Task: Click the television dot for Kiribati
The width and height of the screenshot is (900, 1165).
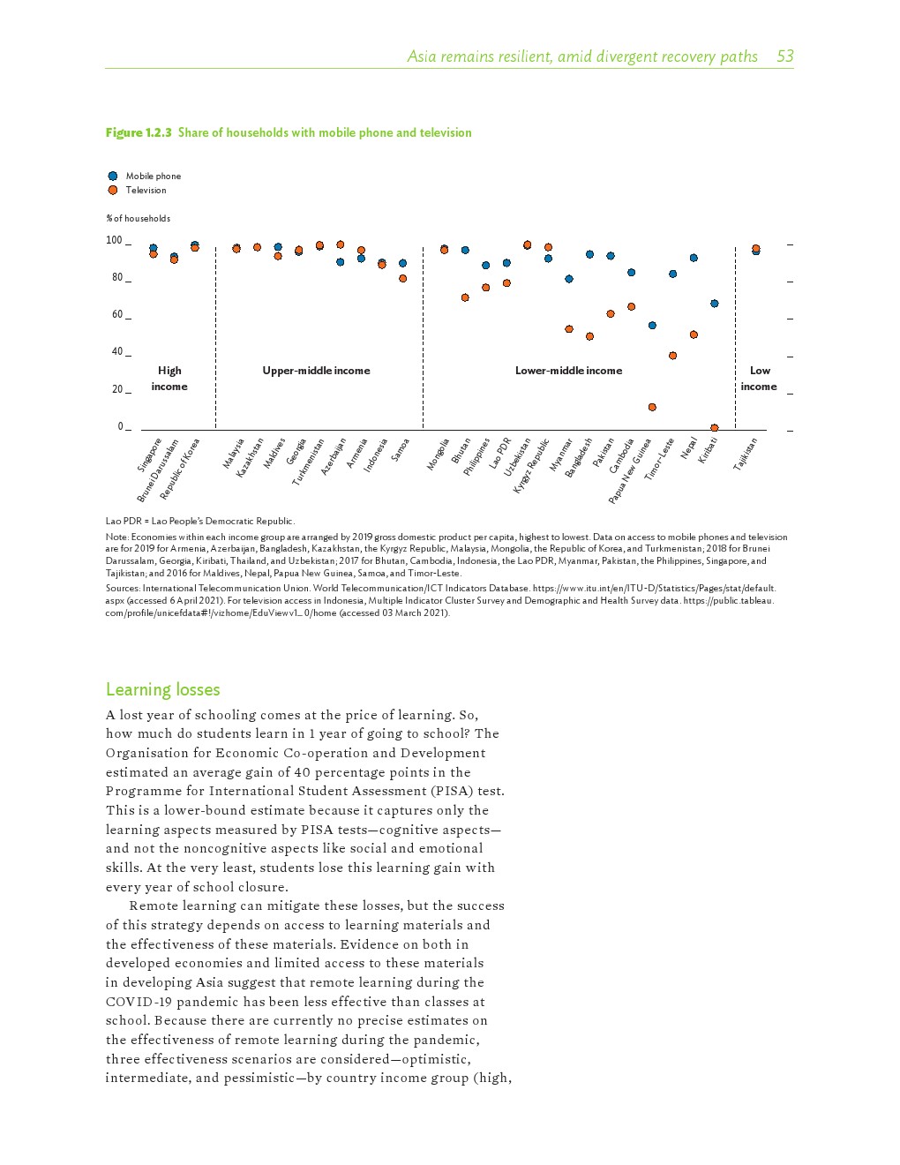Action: click(715, 428)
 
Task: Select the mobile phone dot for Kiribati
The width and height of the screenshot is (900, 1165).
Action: click(715, 304)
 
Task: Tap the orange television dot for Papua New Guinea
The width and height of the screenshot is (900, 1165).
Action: click(652, 407)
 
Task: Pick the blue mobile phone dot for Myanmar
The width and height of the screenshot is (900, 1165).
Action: click(569, 279)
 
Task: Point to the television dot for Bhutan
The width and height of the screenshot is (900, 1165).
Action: click(465, 297)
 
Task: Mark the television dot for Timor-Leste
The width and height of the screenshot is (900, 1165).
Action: click(672, 356)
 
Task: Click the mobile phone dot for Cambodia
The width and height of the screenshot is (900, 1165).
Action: click(631, 273)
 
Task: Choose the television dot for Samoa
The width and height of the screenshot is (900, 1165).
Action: click(402, 278)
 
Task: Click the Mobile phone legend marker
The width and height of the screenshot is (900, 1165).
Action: click(113, 176)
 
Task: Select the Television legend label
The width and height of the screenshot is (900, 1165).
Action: click(146, 190)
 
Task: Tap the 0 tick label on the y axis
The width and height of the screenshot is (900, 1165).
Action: click(121, 426)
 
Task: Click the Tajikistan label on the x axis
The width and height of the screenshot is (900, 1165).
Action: click(746, 454)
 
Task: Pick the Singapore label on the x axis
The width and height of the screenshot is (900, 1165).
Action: click(149, 455)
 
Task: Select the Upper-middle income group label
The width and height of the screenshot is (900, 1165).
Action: click(316, 371)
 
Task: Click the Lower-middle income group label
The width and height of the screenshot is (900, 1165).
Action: click(568, 371)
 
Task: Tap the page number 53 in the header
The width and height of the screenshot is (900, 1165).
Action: click(784, 56)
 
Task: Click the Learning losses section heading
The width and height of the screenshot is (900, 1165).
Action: click(162, 689)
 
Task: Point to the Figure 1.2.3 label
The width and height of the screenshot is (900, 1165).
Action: click(139, 132)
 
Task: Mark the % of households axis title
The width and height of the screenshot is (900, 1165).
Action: click(138, 218)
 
